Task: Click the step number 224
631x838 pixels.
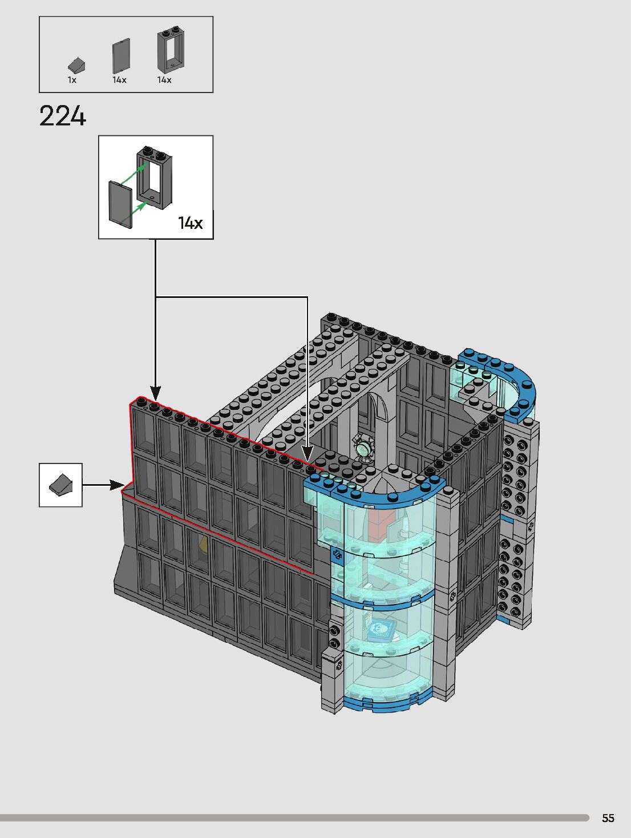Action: coord(63,116)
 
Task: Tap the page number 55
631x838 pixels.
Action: coord(608,818)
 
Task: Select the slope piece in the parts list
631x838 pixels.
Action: coord(76,65)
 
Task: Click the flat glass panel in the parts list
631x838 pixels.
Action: coord(121,56)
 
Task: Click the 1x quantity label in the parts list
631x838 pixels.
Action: coord(72,80)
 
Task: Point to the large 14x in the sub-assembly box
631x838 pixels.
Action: coord(191,223)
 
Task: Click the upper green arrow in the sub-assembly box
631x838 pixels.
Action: coord(135,174)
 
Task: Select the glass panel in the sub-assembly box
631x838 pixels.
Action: coord(120,205)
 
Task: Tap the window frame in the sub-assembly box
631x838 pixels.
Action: coord(155,177)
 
